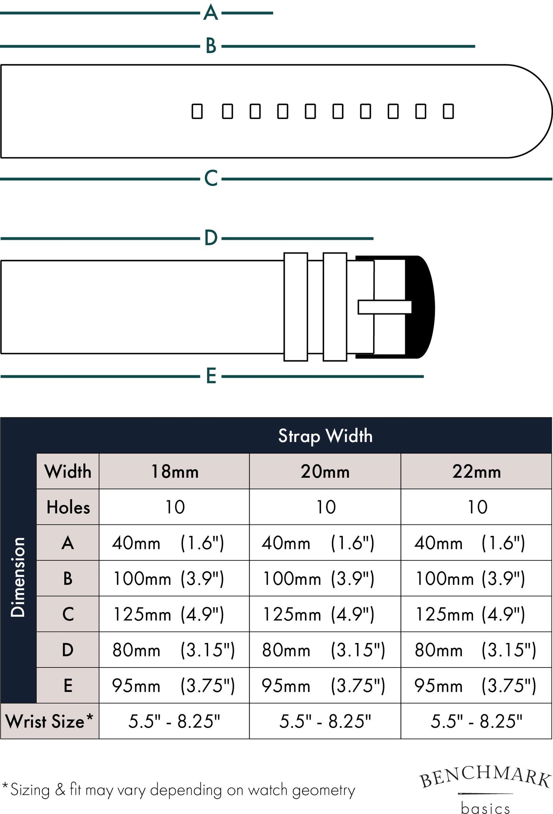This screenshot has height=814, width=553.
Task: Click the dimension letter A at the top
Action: pyautogui.click(x=210, y=13)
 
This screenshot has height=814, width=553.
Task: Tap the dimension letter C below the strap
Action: pyautogui.click(x=211, y=178)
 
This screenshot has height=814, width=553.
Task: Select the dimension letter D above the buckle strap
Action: pyautogui.click(x=211, y=238)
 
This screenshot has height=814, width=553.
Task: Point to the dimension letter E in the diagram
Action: pyautogui.click(x=211, y=376)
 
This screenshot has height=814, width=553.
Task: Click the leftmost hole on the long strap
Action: pyautogui.click(x=197, y=111)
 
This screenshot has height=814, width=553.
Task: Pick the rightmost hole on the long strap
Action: pyautogui.click(x=448, y=111)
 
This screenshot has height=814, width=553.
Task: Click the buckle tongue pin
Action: pyautogui.click(x=385, y=307)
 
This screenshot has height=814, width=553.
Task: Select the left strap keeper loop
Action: pyautogui.click(x=296, y=307)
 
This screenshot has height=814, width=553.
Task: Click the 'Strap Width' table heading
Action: pyautogui.click(x=325, y=436)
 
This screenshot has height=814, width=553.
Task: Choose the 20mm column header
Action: pyautogui.click(x=325, y=471)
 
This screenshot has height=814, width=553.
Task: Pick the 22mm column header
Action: pyautogui.click(x=476, y=471)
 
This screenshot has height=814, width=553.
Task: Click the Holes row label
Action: pyautogui.click(x=68, y=507)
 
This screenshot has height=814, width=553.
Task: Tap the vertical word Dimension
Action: pyautogui.click(x=18, y=577)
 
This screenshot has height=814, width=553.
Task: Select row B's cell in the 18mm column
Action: pyautogui.click(x=174, y=578)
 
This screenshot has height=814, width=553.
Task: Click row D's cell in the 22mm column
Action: pyautogui.click(x=476, y=650)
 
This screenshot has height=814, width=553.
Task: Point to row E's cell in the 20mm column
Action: pyautogui.click(x=325, y=685)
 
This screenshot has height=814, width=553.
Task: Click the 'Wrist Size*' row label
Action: pyautogui.click(x=49, y=721)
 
